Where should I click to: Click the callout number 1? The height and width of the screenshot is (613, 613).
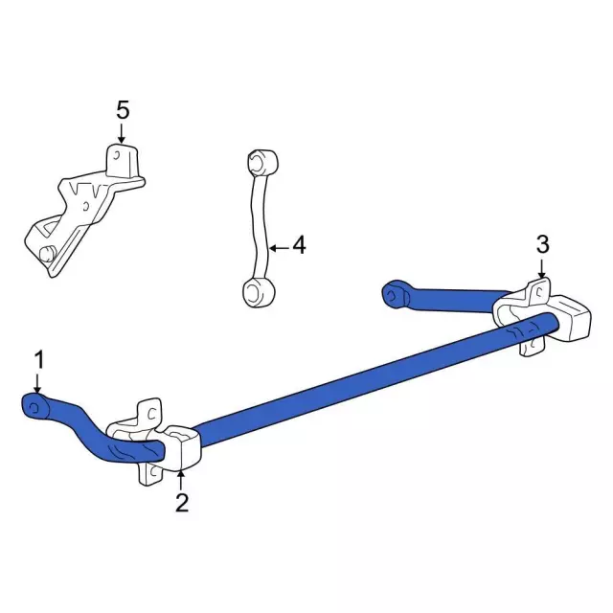(39, 359)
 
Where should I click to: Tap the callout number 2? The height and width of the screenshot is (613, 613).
(181, 502)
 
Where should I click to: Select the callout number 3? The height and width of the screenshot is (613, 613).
(542, 244)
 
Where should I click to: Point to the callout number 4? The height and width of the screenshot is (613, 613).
(299, 246)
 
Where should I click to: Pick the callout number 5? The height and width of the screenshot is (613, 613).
(122, 110)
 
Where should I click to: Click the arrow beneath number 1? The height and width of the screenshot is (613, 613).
(37, 383)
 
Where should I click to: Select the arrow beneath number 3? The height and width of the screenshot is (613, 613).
(541, 270)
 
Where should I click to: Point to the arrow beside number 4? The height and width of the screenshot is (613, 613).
(277, 248)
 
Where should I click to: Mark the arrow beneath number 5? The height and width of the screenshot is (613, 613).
(122, 135)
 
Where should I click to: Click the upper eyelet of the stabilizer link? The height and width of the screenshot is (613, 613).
(260, 159)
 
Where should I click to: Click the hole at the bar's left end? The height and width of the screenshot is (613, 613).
(34, 410)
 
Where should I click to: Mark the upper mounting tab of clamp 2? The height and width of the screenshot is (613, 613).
(149, 412)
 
